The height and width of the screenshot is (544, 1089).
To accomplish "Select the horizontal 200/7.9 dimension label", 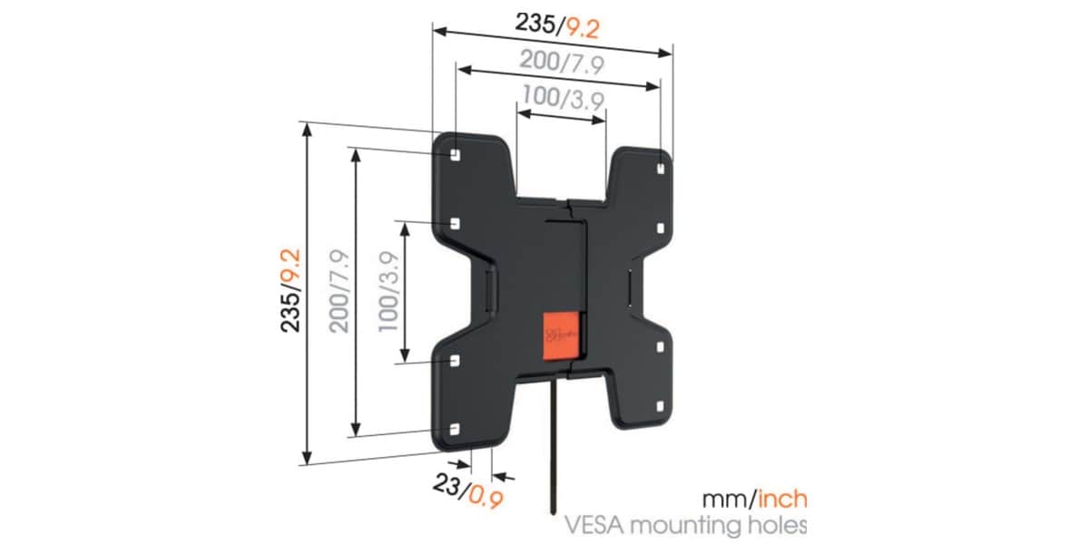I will pos(563,62).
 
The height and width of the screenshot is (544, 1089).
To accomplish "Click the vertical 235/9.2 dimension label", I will pos(290,291).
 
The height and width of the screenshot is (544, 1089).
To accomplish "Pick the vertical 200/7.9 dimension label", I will pos(339,291).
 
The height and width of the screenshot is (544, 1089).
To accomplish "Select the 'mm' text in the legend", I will pos(721,500).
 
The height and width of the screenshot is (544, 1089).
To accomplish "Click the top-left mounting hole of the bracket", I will pos(455,153).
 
